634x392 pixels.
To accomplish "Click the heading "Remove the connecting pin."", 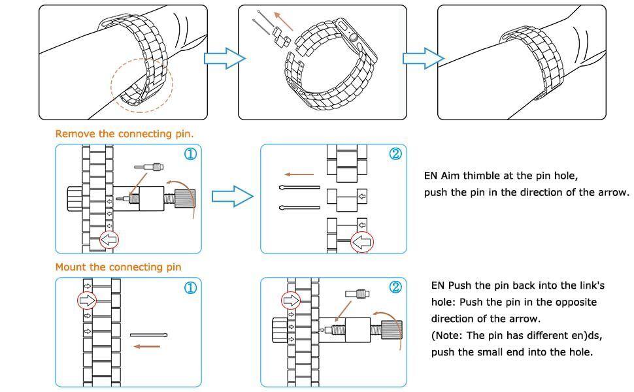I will (x=124, y=134).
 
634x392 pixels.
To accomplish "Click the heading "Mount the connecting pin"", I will (x=118, y=267).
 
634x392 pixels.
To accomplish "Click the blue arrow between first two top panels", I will (x=224, y=59).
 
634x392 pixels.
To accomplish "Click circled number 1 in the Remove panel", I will (x=190, y=154).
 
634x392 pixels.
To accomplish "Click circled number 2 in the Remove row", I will (x=395, y=154).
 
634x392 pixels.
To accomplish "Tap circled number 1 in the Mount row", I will (x=190, y=287).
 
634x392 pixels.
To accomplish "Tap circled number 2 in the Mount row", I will (x=395, y=287).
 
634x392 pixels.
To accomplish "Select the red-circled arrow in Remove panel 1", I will (x=109, y=240).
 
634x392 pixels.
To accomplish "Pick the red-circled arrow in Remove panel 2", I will (x=361, y=242).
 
